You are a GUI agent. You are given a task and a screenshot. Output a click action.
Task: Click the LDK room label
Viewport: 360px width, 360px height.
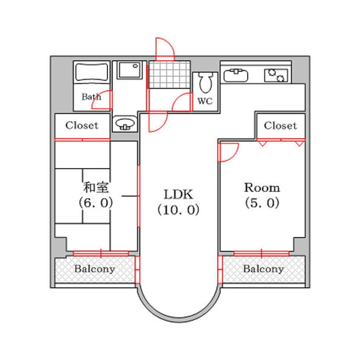(178, 194)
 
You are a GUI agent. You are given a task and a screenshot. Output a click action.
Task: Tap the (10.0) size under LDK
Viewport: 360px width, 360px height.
(178, 210)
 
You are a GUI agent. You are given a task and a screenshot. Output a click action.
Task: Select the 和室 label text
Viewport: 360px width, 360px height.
(96, 187)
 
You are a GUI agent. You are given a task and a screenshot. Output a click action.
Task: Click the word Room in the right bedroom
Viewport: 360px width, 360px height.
(262, 187)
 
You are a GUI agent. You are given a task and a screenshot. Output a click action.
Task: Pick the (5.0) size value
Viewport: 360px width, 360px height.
(262, 203)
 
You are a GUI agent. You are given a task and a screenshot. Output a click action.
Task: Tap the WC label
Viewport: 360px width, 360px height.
(205, 101)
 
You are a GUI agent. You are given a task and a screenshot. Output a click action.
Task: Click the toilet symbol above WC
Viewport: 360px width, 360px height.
(206, 82)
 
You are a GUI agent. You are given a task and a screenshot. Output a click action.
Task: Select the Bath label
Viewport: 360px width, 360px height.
(91, 97)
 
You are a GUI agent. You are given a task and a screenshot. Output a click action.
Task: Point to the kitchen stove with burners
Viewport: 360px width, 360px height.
(277, 76)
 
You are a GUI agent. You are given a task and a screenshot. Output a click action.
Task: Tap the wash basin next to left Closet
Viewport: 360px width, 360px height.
(125, 124)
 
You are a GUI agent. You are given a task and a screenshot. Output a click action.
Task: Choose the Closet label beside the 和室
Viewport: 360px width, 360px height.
(82, 125)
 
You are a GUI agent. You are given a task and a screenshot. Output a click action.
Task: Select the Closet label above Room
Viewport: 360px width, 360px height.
(280, 125)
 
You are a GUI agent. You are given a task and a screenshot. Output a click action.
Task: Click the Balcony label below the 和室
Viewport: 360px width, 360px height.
(94, 269)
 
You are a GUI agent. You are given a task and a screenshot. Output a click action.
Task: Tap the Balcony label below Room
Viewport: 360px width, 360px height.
(263, 269)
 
